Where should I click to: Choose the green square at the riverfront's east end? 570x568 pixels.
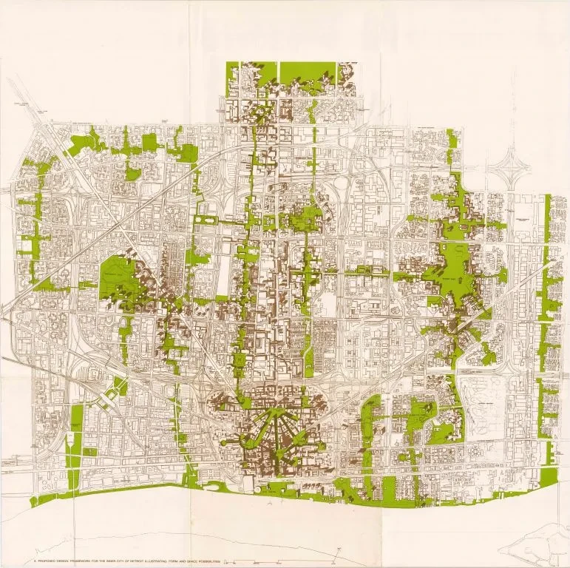tap(548, 479)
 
